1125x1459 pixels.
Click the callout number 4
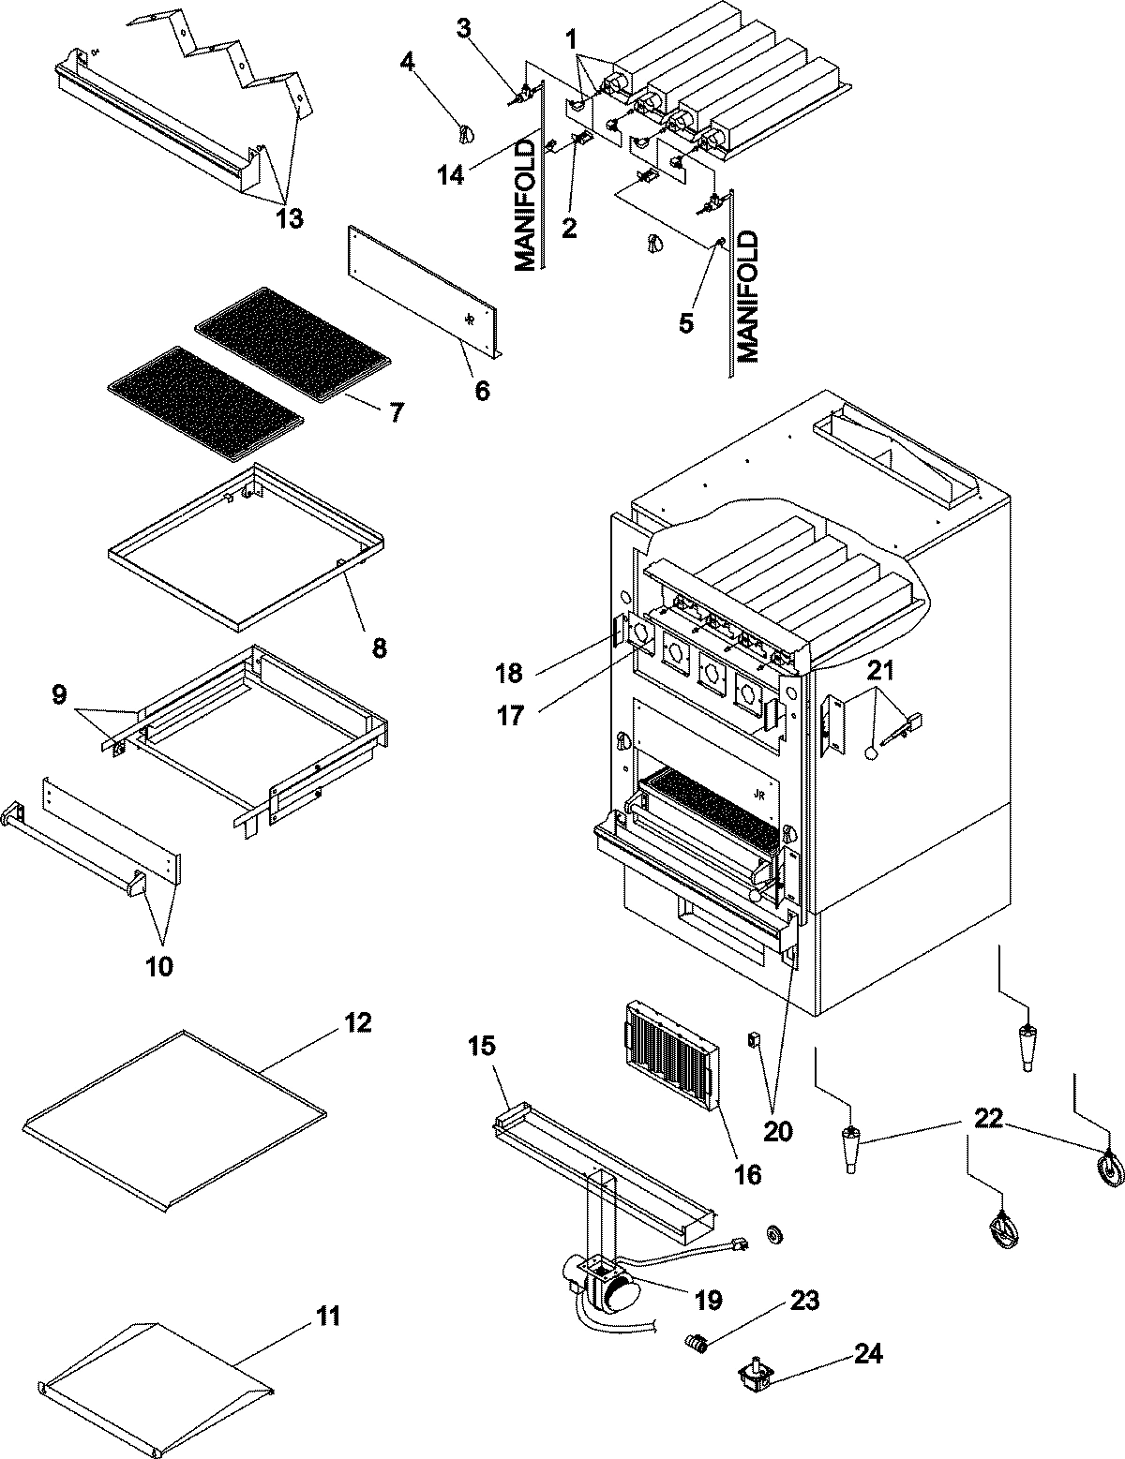(x=406, y=63)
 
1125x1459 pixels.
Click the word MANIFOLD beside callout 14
(x=528, y=205)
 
